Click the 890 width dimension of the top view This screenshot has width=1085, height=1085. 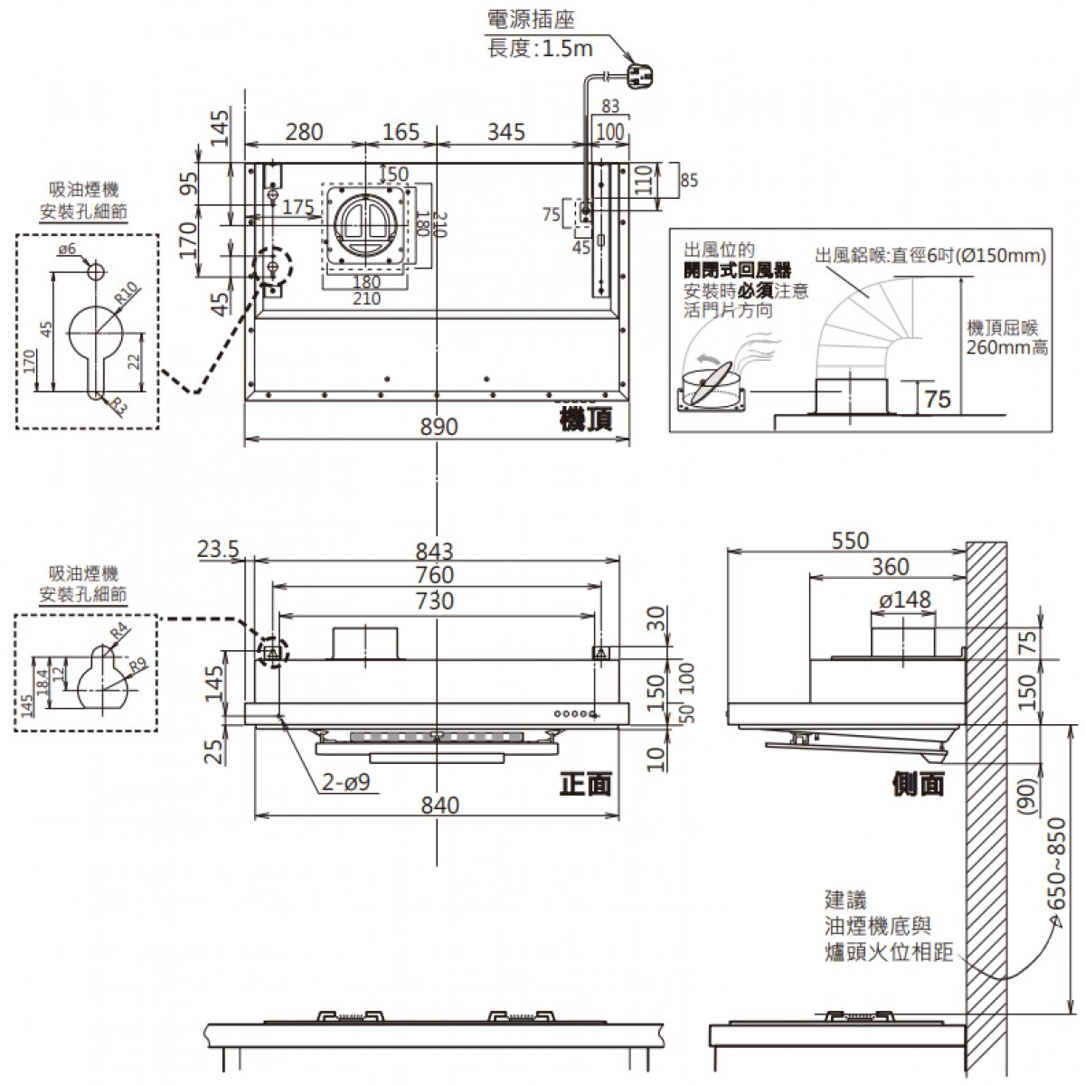[438, 426]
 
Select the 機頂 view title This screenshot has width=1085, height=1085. [586, 419]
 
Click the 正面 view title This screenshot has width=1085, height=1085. [586, 783]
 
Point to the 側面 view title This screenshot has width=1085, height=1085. [918, 783]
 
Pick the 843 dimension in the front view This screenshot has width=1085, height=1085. [435, 551]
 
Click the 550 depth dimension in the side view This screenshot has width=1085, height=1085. [849, 540]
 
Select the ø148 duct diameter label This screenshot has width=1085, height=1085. [904, 599]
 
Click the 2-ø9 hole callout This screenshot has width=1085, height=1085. [345, 782]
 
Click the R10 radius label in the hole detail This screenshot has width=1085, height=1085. [127, 293]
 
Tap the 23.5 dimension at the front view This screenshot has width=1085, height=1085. [217, 549]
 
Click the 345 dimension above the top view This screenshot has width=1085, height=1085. [506, 132]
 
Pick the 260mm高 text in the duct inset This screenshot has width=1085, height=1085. [1007, 347]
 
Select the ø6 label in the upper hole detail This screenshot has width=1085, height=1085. [67, 249]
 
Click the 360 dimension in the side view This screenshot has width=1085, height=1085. [890, 567]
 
